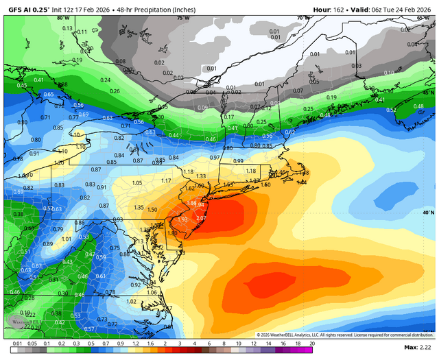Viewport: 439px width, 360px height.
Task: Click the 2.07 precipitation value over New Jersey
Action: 201,217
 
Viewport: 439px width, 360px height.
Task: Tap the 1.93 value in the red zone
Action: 182,219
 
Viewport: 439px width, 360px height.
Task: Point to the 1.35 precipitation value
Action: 139,207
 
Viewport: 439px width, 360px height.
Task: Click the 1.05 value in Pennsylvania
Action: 137,183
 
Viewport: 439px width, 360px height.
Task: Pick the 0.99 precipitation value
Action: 238,160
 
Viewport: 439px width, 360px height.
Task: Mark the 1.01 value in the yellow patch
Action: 67,239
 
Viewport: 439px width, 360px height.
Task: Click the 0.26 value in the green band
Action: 115,91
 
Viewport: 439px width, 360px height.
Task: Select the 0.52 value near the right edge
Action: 391,110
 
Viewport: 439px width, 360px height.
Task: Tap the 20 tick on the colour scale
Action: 312,343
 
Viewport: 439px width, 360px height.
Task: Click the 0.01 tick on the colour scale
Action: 15,343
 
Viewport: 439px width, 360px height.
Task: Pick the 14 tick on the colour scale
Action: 268,343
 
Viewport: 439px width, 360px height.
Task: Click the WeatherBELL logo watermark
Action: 19,322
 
